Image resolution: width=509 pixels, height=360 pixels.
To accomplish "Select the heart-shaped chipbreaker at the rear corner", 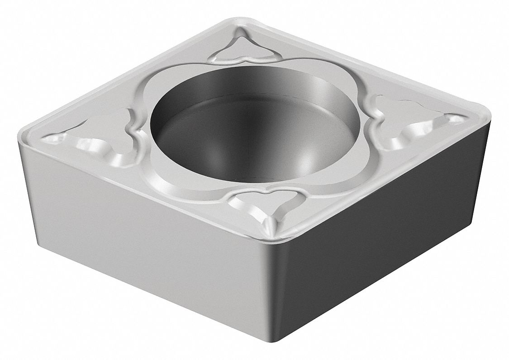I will coord(244,47).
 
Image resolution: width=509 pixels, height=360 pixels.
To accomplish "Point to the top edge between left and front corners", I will coord(145,190).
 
